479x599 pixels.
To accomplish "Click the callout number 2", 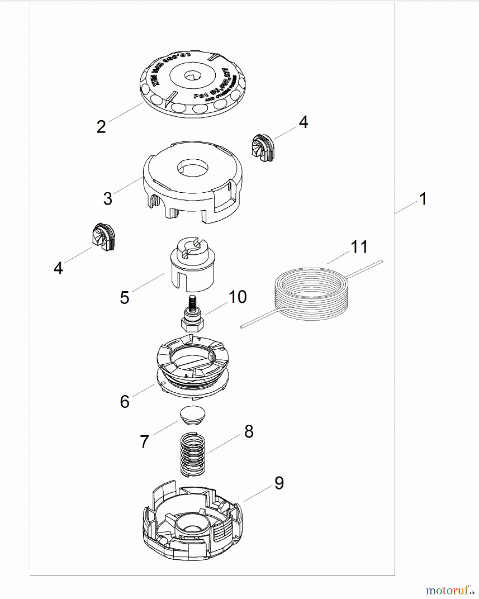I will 101,127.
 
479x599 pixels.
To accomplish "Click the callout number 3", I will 108,198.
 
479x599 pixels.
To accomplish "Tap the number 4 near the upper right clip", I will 303,122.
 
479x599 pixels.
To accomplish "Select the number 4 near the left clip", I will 58,268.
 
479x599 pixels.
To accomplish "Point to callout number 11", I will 359,247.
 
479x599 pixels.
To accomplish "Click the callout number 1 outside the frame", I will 423,199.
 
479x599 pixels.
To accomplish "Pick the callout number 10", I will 238,297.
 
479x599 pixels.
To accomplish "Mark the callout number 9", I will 279,483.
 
